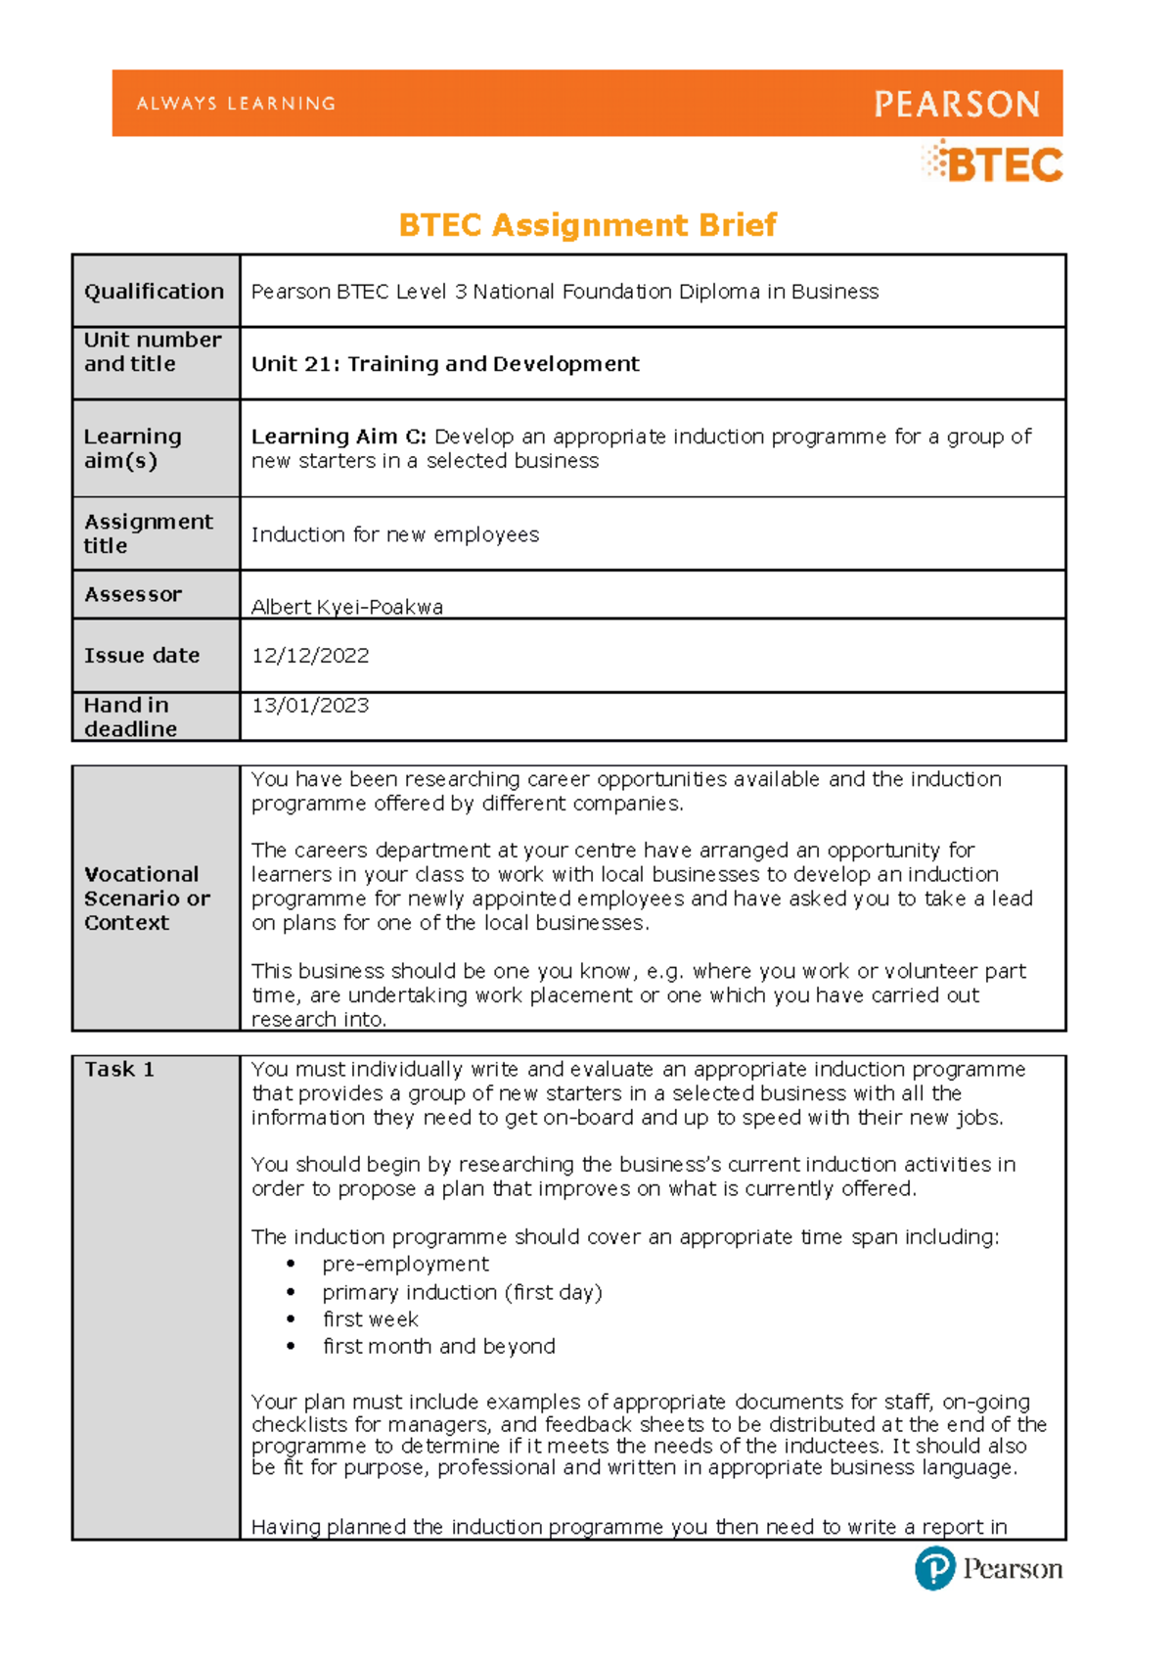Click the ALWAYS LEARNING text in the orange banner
coord(236,103)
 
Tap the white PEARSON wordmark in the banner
coord(956,104)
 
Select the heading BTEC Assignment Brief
coord(587,225)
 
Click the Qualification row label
coord(154,291)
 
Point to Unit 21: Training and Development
coord(445,364)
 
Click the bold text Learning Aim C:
coord(339,437)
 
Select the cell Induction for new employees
coord(395,534)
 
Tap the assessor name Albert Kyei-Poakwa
coord(347,607)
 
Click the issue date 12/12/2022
coord(310,656)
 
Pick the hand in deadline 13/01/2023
coord(310,705)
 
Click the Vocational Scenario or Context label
coord(147,898)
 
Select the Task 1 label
coord(118,1069)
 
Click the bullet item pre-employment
coord(405,1264)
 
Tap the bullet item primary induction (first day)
coord(462,1292)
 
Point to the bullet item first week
coord(370,1319)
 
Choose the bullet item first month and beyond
coord(438,1346)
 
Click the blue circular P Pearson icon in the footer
coord(934,1568)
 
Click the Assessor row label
coord(133,594)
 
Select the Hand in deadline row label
coord(130,716)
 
